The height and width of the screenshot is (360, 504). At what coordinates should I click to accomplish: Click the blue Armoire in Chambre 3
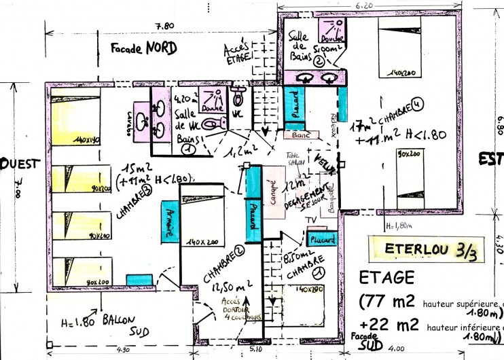click(x=168, y=221)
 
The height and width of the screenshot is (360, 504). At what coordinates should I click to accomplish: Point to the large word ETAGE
click(x=386, y=277)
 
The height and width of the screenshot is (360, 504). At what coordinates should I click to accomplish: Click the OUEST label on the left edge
click(x=20, y=164)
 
